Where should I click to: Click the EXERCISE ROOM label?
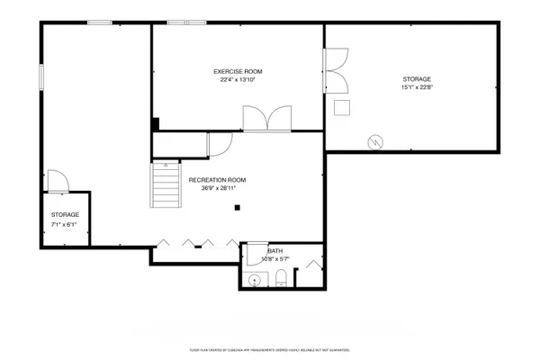pos(238,71)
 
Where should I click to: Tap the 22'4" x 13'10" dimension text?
pos(238,80)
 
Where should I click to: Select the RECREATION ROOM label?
pos(217,180)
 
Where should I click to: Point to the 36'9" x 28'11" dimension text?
pos(217,189)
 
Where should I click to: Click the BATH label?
pos(274,251)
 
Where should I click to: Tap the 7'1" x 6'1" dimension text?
pos(65,223)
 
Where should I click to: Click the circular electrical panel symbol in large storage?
pos(375,141)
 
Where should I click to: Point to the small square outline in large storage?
pos(342,108)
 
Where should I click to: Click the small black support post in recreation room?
pos(237,208)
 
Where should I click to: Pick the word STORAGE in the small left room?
pos(65,214)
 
